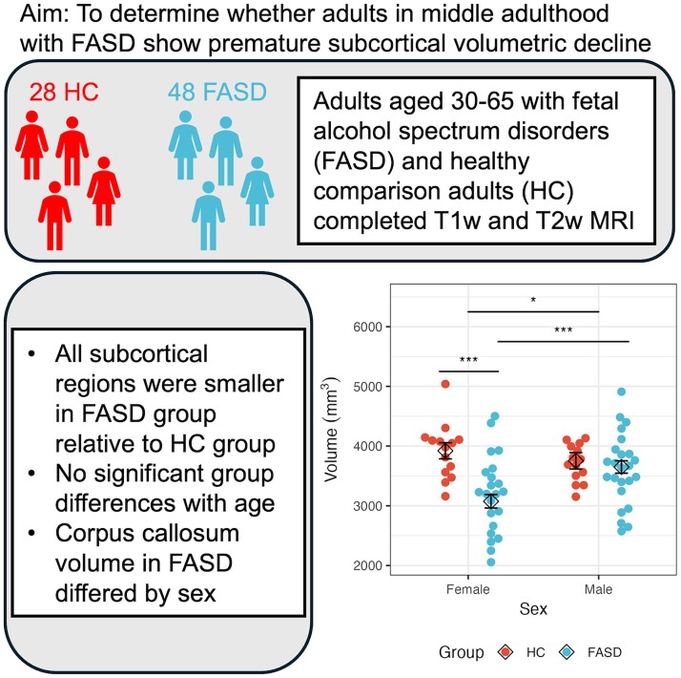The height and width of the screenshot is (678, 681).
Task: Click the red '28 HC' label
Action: pos(60,93)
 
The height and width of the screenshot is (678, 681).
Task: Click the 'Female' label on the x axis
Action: pos(468,591)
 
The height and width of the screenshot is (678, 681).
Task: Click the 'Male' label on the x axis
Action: pos(598,591)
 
